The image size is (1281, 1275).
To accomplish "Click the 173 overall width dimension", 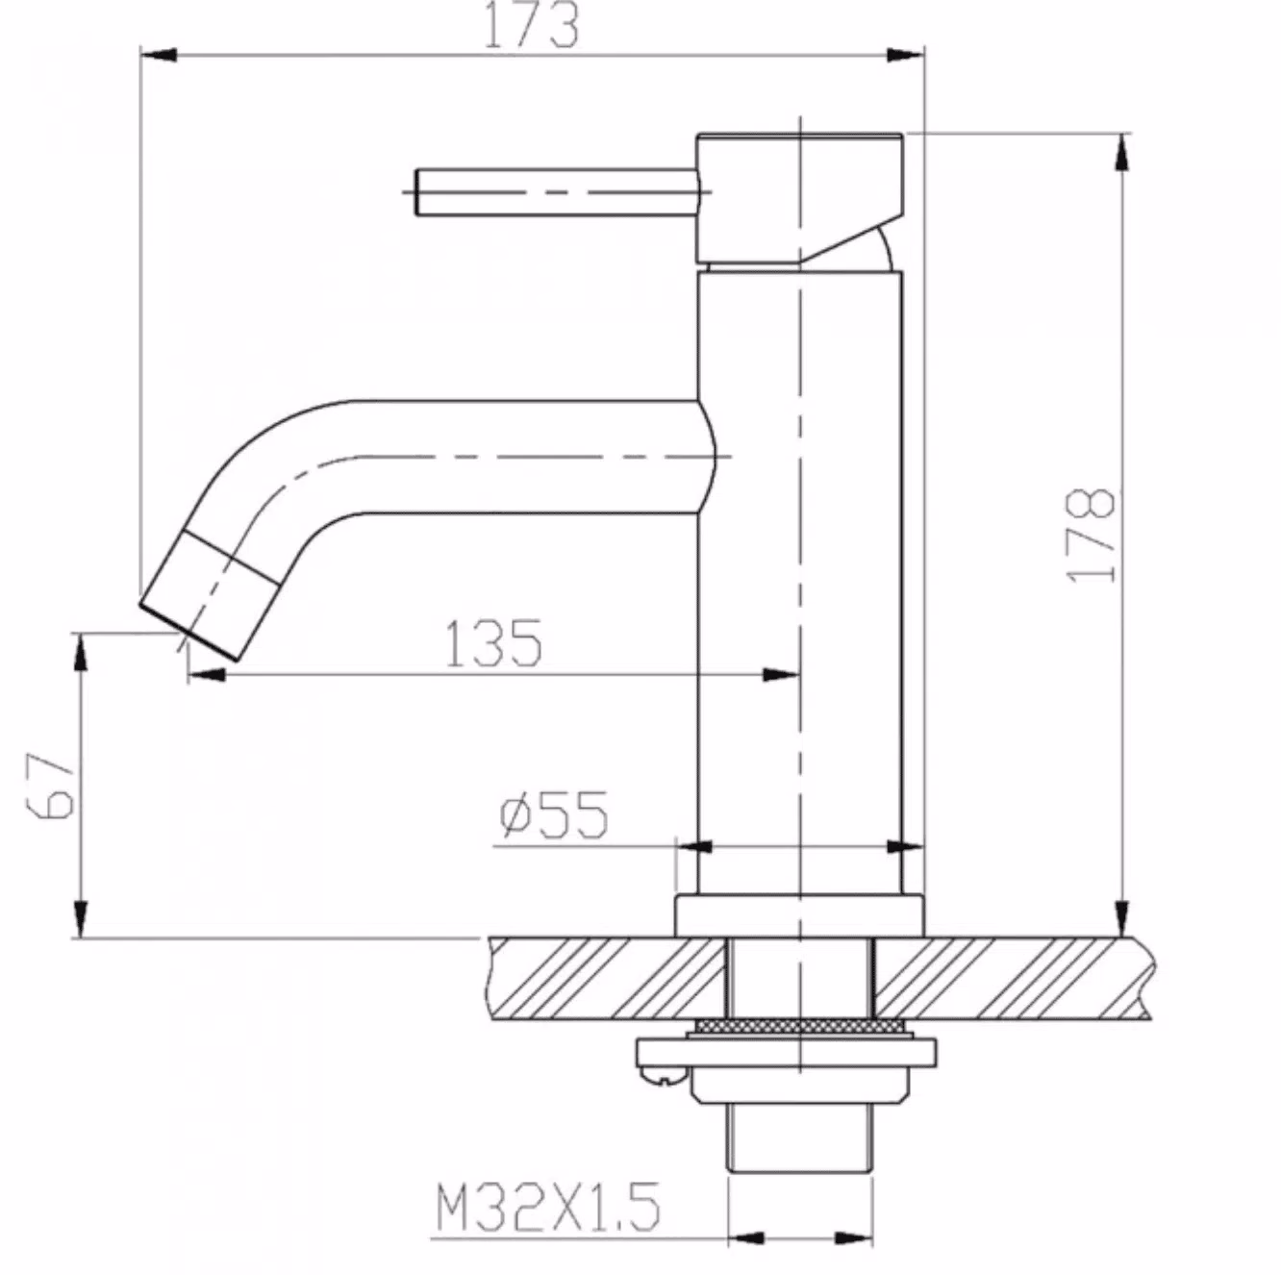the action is pos(531,25).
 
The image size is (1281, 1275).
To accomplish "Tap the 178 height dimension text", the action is pos(1090,536).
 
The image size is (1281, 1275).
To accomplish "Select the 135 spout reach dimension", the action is pos(493,643).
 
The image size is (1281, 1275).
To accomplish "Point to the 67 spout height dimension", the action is pos(50,786).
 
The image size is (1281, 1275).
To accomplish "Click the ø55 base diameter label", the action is pos(554,814).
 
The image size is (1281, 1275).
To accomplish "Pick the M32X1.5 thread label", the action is pos(548,1206).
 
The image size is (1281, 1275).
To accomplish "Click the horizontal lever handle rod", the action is pos(557,192).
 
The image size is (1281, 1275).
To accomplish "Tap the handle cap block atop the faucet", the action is pos(800,198).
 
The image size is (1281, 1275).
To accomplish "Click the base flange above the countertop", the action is pos(800,915).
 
